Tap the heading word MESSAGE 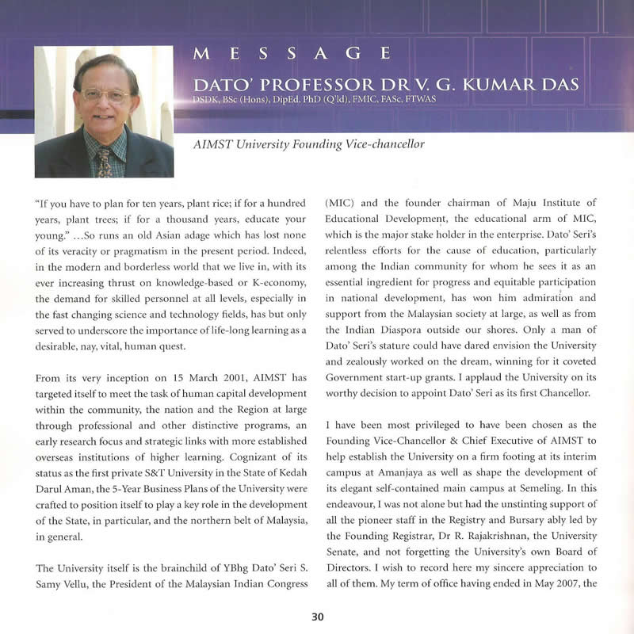(292, 54)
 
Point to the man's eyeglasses (105, 95)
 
